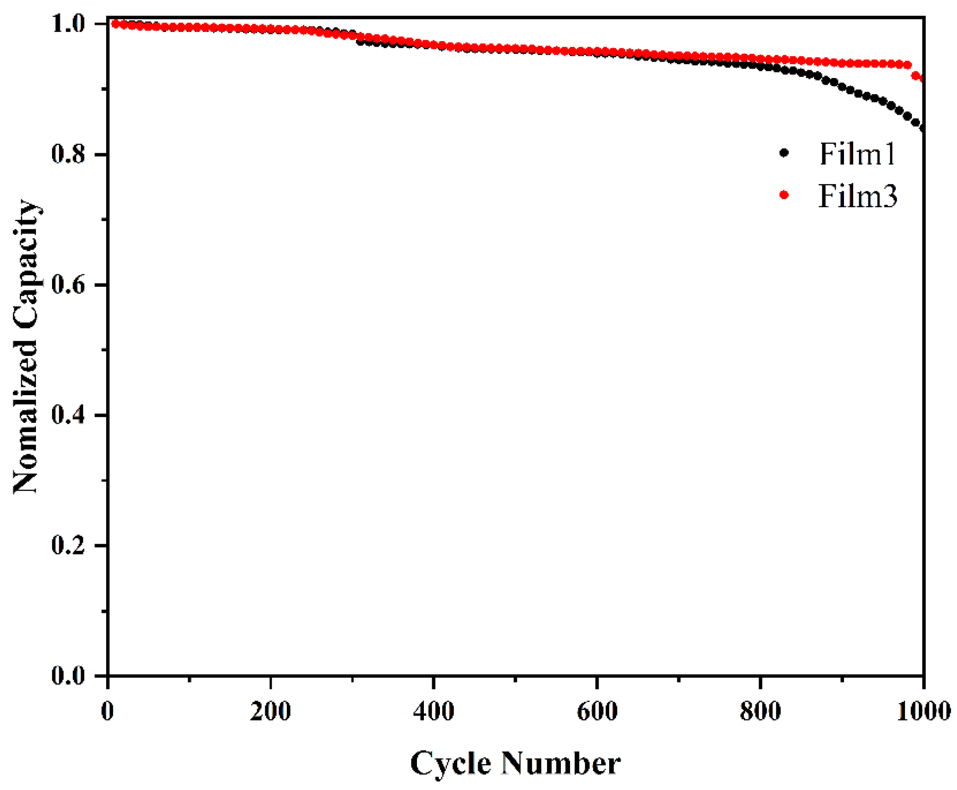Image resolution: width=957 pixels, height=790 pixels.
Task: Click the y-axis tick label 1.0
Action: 68,24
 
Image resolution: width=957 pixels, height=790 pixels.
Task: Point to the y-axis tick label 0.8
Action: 68,154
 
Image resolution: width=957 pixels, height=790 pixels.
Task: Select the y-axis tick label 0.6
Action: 68,285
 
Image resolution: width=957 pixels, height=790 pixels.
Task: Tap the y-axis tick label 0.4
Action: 68,415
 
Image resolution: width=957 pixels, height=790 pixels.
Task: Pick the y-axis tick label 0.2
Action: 68,545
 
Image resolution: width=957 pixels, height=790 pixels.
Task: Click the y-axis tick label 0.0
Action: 68,675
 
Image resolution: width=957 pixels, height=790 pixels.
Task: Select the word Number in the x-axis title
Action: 560,763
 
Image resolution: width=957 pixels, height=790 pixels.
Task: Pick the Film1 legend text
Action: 857,154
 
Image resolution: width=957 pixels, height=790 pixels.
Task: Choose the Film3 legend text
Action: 857,196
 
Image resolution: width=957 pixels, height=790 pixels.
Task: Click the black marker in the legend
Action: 784,153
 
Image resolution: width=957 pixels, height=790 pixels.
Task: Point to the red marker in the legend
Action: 784,195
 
